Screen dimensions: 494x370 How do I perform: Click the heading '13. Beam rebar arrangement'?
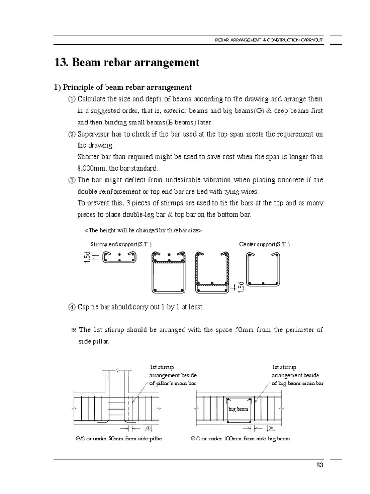[x=126, y=62]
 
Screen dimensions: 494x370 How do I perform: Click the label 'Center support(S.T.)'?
[x=264, y=244]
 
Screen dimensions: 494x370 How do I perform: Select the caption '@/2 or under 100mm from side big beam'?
[x=240, y=439]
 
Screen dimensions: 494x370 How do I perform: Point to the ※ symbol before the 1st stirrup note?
[x=74, y=330]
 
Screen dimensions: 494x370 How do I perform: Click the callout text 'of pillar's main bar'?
[x=172, y=384]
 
